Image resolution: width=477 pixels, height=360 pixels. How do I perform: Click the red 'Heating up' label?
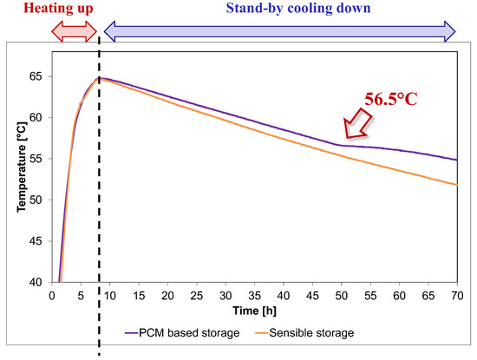tap(48, 10)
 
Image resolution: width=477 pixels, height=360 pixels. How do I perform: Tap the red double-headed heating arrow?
tap(75, 31)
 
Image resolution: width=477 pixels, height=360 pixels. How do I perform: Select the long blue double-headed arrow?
tap(279, 31)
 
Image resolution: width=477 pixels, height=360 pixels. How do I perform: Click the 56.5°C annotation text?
tap(390, 100)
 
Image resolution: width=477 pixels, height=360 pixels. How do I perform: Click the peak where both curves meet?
tap(99, 78)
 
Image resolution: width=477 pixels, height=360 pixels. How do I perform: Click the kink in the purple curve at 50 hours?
tap(342, 145)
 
